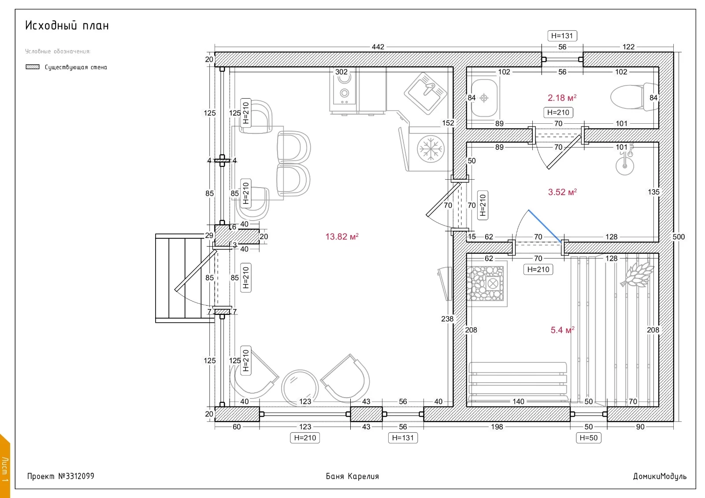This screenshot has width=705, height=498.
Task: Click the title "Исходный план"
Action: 67,25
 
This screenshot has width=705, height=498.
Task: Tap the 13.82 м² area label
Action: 342,236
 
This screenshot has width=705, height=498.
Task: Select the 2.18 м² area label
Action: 562,97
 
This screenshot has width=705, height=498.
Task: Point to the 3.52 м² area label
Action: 562,192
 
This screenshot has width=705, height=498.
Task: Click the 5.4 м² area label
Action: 562,330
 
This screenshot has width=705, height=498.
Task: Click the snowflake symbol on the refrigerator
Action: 430,149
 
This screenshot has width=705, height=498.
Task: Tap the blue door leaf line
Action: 545,226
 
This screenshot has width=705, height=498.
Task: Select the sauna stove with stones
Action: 486,284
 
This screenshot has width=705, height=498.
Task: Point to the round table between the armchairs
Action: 300,388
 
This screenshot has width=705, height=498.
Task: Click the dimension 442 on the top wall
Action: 378,47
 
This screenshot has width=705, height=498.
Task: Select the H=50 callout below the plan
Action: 588,438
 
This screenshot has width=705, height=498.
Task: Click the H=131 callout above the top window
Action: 562,36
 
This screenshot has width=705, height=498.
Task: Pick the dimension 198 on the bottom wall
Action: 497,427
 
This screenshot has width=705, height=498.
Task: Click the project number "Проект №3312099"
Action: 61,476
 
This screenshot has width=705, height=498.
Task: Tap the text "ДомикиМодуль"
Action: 660,476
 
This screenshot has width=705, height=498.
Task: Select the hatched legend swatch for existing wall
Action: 33,66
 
